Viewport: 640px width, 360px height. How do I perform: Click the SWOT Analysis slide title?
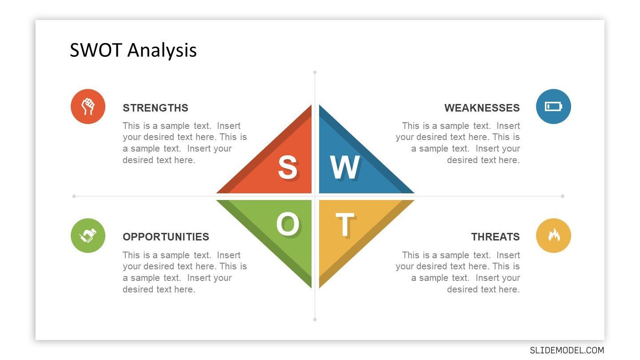tap(133, 50)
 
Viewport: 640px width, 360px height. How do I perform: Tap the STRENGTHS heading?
tap(156, 108)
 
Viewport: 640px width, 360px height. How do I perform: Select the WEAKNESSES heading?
tap(482, 108)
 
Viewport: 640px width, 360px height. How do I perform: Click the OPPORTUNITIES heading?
tap(166, 237)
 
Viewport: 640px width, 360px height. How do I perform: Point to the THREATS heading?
tap(496, 237)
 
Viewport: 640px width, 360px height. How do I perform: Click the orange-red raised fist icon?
tap(88, 107)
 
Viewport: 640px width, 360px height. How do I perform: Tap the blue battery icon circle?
tap(553, 107)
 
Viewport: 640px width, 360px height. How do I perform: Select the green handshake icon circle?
tap(88, 236)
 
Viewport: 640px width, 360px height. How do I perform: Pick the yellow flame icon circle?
tap(553, 236)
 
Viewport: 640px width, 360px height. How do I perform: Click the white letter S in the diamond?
tap(288, 168)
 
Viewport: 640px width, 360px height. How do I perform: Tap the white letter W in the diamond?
tap(344, 168)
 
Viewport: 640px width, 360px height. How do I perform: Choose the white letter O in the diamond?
tap(288, 224)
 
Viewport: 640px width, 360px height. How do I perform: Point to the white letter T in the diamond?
tap(345, 224)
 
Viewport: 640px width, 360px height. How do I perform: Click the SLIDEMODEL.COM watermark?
tap(567, 350)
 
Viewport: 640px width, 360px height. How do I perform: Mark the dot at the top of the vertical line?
tap(315, 72)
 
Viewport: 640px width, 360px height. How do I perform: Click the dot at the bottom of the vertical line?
tap(315, 320)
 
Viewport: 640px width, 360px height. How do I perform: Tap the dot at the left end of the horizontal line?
tap(74, 196)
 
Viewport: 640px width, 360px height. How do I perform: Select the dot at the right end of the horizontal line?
tap(563, 196)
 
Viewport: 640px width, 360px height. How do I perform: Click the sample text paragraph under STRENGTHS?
tap(185, 143)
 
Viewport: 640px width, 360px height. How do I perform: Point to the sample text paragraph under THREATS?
tap(458, 272)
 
